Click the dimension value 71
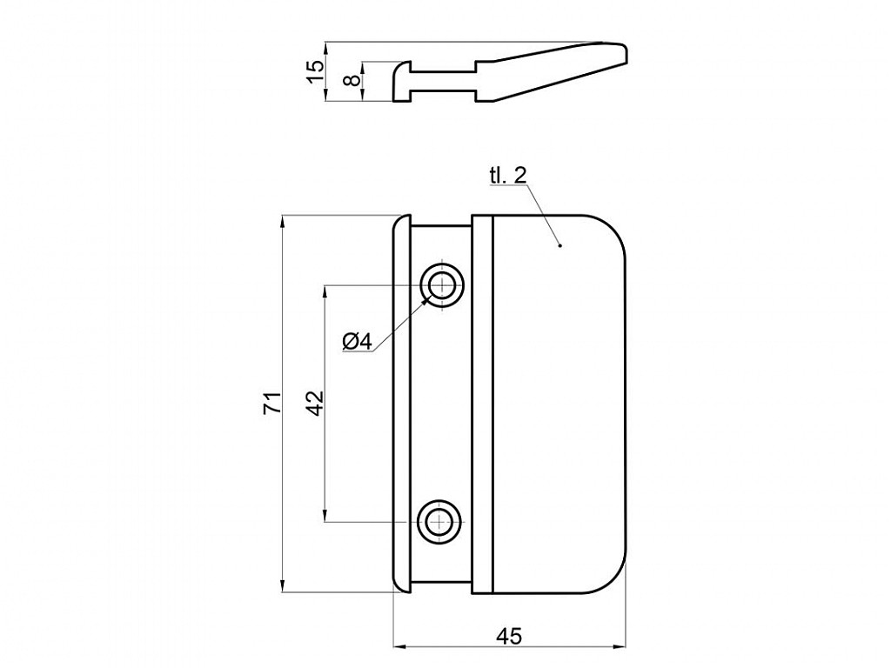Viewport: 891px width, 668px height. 272,403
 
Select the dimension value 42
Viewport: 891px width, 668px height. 314,402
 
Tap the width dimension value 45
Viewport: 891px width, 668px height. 509,637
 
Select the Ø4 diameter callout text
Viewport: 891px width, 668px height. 357,342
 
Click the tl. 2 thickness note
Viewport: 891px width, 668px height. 507,176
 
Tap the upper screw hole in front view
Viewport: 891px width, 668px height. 442,284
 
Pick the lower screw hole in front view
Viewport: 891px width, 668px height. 439,522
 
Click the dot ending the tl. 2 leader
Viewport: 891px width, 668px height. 560,245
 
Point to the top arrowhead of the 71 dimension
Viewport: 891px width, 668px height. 284,220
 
